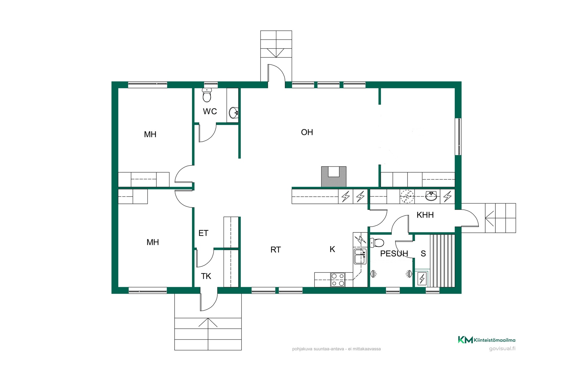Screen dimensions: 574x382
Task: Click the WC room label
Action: tap(210, 111)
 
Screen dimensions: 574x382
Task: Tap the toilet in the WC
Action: tap(207, 95)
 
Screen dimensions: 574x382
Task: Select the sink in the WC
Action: tap(234, 113)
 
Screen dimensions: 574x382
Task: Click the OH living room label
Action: tap(307, 132)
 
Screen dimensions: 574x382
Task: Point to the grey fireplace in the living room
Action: tap(334, 177)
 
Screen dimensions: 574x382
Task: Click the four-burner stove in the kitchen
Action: tap(338, 280)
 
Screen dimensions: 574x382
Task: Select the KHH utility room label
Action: tap(425, 215)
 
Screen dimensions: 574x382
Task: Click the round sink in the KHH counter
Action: tap(431, 196)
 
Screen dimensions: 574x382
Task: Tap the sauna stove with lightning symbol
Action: tap(422, 279)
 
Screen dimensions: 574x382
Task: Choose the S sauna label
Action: tap(423, 254)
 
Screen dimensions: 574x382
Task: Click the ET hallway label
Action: tap(203, 233)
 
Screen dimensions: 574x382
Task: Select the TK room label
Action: tap(206, 276)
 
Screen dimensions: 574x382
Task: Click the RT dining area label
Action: tap(276, 249)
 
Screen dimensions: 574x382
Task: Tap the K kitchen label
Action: tap(332, 249)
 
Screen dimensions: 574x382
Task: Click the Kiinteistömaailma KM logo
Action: tap(487, 340)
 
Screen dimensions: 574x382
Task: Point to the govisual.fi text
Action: tap(502, 349)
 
